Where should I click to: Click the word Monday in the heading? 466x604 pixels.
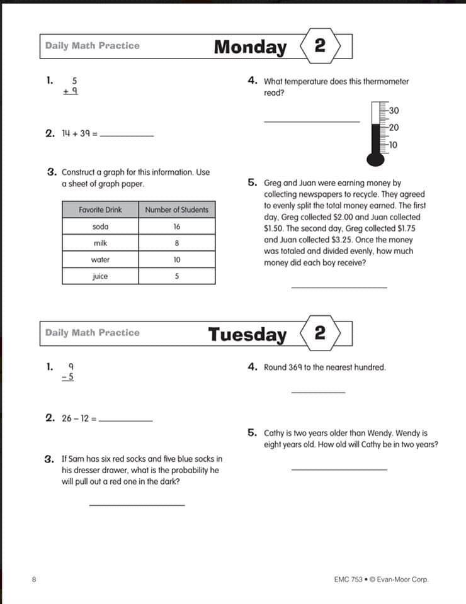coord(250,47)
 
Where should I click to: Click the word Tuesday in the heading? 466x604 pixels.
coord(247,334)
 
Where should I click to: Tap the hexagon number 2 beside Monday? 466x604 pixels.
coord(320,46)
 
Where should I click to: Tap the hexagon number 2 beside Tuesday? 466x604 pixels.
coord(320,333)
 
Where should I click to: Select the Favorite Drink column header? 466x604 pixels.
coord(100,210)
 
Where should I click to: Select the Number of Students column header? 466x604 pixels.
coord(176,210)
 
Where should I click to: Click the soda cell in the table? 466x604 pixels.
coord(100,226)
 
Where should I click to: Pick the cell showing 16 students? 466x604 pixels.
coord(176,226)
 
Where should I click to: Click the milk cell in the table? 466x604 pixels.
coord(100,243)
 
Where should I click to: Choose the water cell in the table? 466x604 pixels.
coord(100,259)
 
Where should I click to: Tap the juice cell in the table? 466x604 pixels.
coord(100,276)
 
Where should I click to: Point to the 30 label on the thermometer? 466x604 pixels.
coord(394,111)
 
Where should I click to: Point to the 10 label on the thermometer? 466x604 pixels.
coord(393,145)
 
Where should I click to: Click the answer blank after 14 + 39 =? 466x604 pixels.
coord(127,135)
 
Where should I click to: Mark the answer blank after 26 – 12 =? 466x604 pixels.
coord(126,419)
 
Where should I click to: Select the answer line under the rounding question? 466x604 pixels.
coord(318,391)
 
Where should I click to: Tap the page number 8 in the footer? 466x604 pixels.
coord(33,579)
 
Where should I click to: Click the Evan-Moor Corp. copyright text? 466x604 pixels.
coord(403,579)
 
